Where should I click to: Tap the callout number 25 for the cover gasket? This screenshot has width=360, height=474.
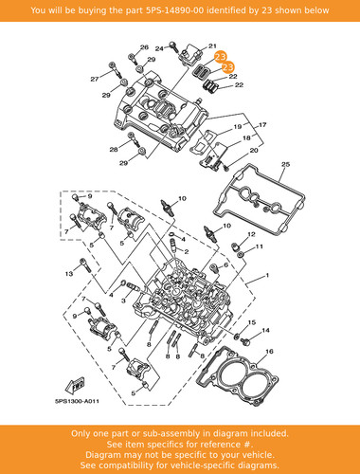point(285,164)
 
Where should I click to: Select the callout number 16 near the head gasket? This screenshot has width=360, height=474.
point(269,352)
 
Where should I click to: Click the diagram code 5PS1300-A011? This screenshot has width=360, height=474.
point(78,401)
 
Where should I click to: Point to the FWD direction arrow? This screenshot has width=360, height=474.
point(75,386)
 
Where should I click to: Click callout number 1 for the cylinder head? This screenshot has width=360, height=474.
point(267,275)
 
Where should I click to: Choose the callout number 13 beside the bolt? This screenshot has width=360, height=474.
point(69,274)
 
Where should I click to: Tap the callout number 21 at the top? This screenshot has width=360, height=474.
point(212,46)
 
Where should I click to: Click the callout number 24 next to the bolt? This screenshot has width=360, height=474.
point(159,48)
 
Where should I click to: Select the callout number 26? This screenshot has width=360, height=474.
point(144,47)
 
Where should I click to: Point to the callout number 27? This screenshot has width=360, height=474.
point(95,79)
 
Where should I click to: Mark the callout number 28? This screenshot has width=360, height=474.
point(114,150)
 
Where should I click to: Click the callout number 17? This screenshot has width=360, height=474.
point(262,125)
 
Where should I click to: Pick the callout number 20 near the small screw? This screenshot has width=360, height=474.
point(254,151)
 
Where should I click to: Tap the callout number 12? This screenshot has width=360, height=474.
point(251,234)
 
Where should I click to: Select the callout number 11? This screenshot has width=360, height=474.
point(260,246)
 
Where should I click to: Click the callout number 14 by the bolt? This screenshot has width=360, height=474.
point(266,331)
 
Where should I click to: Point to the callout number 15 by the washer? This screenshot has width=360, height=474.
point(252,322)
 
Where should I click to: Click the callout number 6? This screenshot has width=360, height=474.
point(225,265)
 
